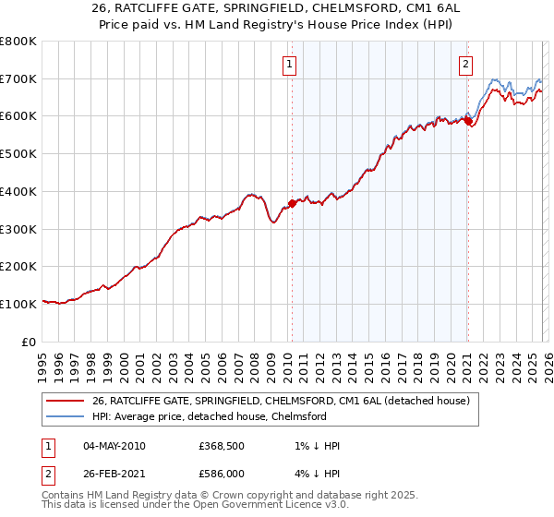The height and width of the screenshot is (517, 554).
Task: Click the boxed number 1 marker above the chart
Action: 290,65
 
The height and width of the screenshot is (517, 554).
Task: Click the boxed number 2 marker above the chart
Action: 465,65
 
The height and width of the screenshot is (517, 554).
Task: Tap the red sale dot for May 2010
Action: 292,202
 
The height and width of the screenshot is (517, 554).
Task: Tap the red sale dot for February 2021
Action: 468,120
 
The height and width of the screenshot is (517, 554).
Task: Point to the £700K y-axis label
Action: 18,78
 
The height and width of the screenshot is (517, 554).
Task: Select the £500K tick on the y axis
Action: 18,153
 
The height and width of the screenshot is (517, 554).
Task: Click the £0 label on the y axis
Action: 30,342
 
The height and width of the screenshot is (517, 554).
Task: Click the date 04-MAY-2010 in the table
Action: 114,446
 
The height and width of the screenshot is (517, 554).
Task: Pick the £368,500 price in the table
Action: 223,446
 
